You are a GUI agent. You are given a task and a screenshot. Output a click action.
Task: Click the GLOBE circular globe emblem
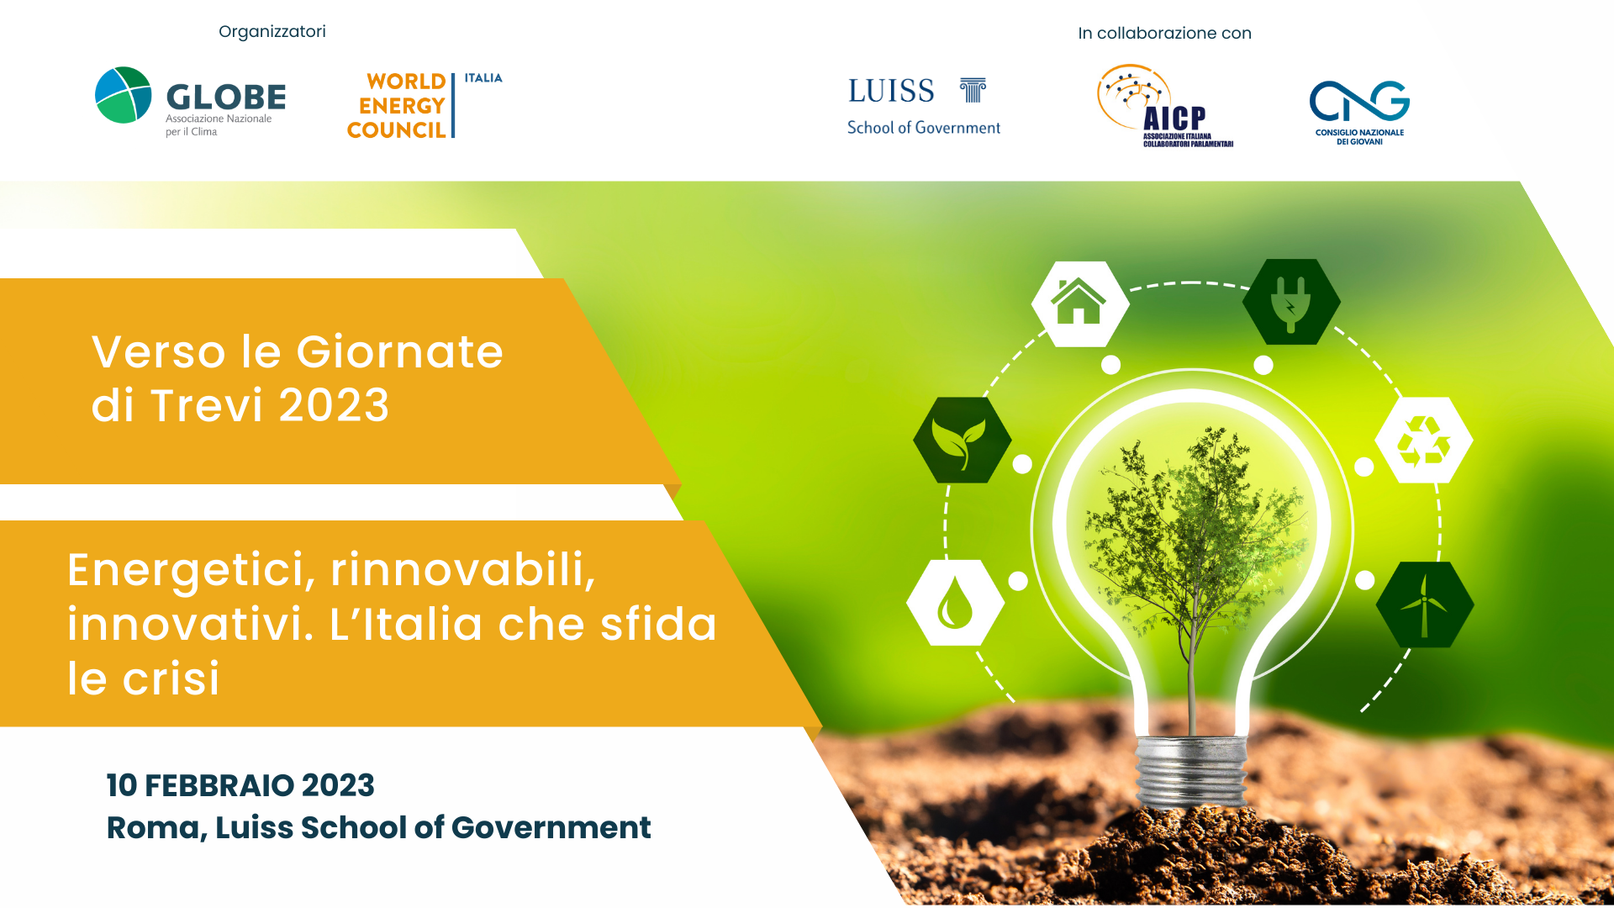pyautogui.click(x=124, y=95)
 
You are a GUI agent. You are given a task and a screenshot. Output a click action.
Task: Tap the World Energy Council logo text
pyautogui.click(x=397, y=106)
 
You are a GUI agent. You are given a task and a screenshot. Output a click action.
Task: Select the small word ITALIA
pyautogui.click(x=483, y=78)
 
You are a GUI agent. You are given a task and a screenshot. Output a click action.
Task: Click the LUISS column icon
pyautogui.click(x=973, y=90)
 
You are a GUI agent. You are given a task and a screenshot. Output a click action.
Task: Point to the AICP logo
pyautogui.click(x=1165, y=106)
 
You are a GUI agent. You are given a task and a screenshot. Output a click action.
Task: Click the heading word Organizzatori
pyautogui.click(x=272, y=32)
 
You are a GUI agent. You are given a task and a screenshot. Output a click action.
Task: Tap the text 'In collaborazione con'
pyautogui.click(x=1164, y=34)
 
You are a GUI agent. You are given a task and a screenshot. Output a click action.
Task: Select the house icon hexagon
pyautogui.click(x=1080, y=304)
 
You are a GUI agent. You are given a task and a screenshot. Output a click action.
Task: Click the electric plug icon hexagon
pyautogui.click(x=1291, y=302)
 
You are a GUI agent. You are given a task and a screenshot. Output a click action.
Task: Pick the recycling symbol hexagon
pyautogui.click(x=1424, y=441)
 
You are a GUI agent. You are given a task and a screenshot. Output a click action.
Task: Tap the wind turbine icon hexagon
pyautogui.click(x=1425, y=604)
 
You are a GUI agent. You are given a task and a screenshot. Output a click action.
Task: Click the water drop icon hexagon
pyautogui.click(x=955, y=603)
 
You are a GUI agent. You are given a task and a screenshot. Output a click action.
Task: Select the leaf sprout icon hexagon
pyautogui.click(x=963, y=440)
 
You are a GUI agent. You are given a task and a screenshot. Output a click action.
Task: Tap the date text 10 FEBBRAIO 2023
pyautogui.click(x=240, y=785)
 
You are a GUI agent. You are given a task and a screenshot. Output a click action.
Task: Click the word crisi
pyautogui.click(x=171, y=679)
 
